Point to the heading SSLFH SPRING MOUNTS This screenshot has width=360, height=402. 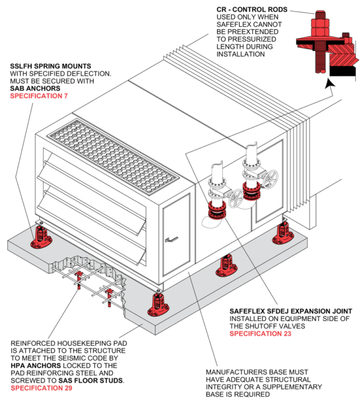[50, 66]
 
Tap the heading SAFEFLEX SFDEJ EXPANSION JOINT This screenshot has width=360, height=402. [290, 311]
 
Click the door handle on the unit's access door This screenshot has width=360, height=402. [172, 240]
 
